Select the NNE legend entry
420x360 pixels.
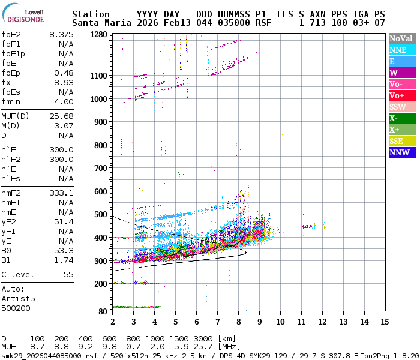pyautogui.click(x=401, y=50)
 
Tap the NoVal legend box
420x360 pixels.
pyautogui.click(x=401, y=38)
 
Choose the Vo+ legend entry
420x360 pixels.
pyautogui.click(x=401, y=95)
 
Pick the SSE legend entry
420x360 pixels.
pyautogui.click(x=401, y=141)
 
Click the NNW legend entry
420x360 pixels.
pyautogui.click(x=401, y=152)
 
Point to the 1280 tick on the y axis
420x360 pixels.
pyautogui.click(x=98, y=35)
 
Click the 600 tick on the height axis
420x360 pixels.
pyautogui.click(x=100, y=191)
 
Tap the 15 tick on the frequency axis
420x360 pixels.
pyautogui.click(x=384, y=321)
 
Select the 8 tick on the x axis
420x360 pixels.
pyautogui.click(x=239, y=321)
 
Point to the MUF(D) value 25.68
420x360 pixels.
pyautogui.click(x=61, y=116)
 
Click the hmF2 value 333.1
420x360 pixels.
pyautogui.click(x=61, y=193)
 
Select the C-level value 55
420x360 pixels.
pyautogui.click(x=68, y=274)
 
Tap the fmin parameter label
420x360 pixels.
pyautogui.click(x=11, y=101)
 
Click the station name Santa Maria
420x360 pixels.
pyautogui.click(x=100, y=23)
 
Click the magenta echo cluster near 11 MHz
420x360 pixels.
pyautogui.click(x=309, y=227)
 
